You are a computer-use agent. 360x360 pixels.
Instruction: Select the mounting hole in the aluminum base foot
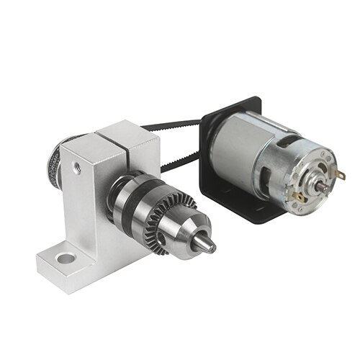tap(66, 256)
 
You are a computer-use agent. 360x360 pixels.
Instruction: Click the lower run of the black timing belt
tap(180, 163)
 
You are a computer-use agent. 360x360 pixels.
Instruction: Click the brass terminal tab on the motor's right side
tap(340, 174)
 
